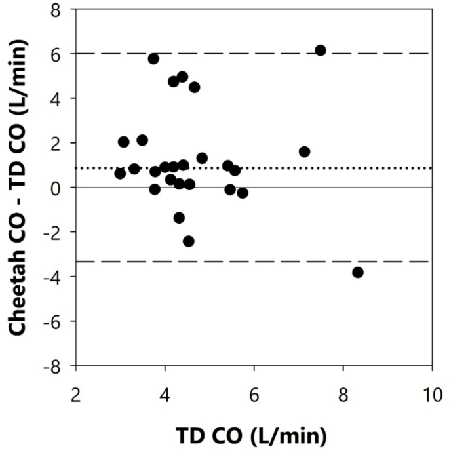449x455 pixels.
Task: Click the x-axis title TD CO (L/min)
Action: point(252,435)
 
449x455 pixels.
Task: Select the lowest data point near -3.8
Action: point(358,272)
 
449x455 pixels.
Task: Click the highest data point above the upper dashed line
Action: point(321,50)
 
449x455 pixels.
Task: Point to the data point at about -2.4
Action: point(189,241)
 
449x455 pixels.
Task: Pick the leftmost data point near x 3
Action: point(120,173)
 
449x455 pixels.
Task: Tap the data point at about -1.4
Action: point(179,218)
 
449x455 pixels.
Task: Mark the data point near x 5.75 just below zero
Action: point(243,193)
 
